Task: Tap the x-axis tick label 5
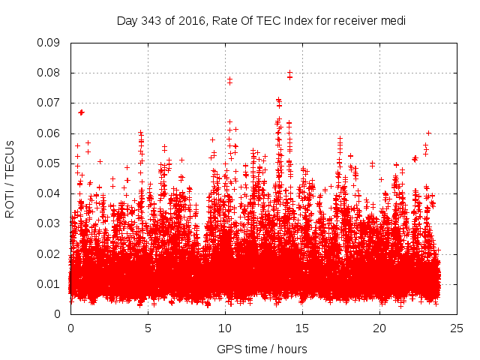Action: click(148, 328)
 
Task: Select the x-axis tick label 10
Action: click(225, 328)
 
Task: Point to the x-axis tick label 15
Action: click(302, 328)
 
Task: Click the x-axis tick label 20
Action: click(379, 328)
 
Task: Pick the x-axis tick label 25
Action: click(457, 328)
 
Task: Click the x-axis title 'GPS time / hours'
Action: click(263, 349)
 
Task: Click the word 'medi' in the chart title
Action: click(393, 20)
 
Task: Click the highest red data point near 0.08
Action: click(289, 73)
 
